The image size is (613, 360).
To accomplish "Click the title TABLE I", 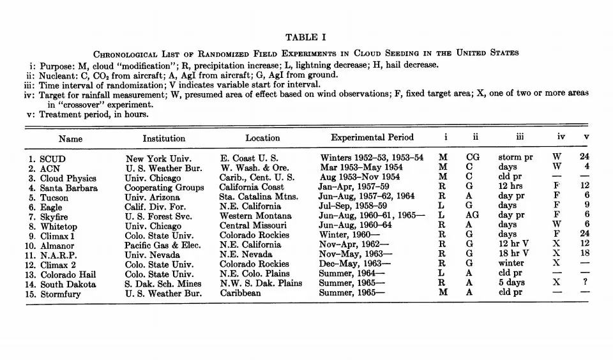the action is pos(306,37).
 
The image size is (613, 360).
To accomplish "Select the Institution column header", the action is pos(164,138).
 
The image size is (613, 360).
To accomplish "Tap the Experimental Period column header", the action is pos(372,137).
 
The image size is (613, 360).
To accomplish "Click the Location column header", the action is pos(262,138).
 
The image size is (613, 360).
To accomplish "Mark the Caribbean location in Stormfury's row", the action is pos(240,294).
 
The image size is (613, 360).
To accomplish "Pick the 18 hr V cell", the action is pos(514,255).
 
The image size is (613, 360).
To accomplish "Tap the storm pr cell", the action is pos(515,158).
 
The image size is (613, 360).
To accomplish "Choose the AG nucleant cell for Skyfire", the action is pos(473,216).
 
